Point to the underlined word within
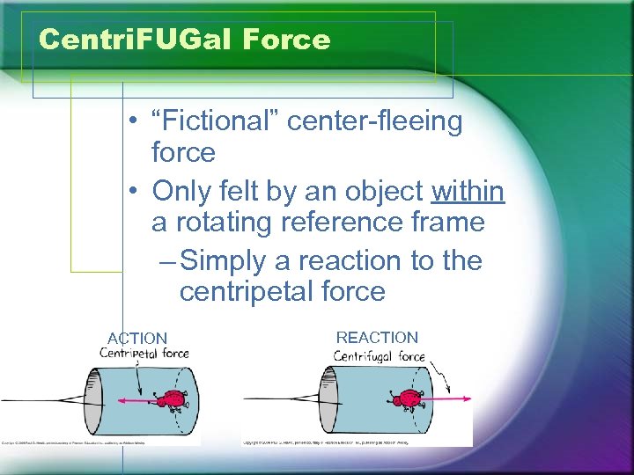(468, 190)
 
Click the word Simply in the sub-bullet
(234, 260)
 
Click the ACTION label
(137, 338)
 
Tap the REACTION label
(377, 337)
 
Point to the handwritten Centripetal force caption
(144, 354)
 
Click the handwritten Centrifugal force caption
(379, 356)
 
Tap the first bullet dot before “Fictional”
(129, 121)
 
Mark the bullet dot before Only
(129, 190)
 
